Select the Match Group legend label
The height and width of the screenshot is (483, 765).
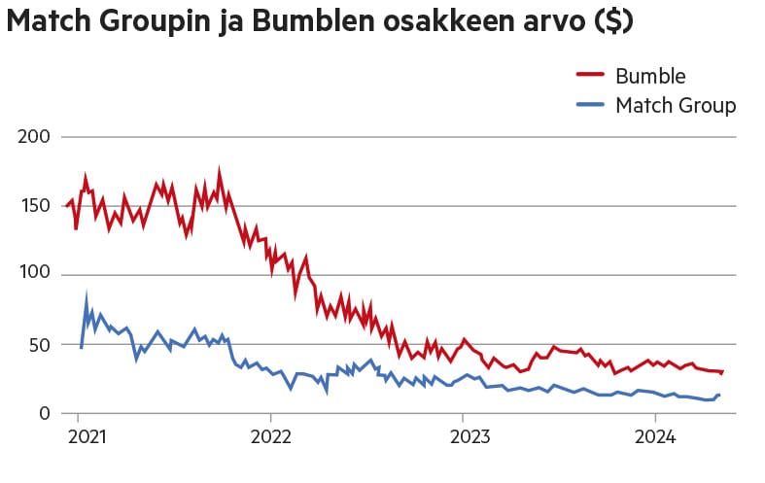pos(676,105)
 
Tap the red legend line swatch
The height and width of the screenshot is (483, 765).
pos(591,75)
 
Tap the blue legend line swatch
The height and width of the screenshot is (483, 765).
pos(591,104)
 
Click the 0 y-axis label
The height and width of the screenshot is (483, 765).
pos(44,414)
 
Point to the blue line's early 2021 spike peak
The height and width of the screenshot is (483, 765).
pos(87,296)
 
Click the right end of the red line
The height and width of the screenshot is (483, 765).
pos(722,371)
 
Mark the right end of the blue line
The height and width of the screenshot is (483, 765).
pos(718,395)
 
